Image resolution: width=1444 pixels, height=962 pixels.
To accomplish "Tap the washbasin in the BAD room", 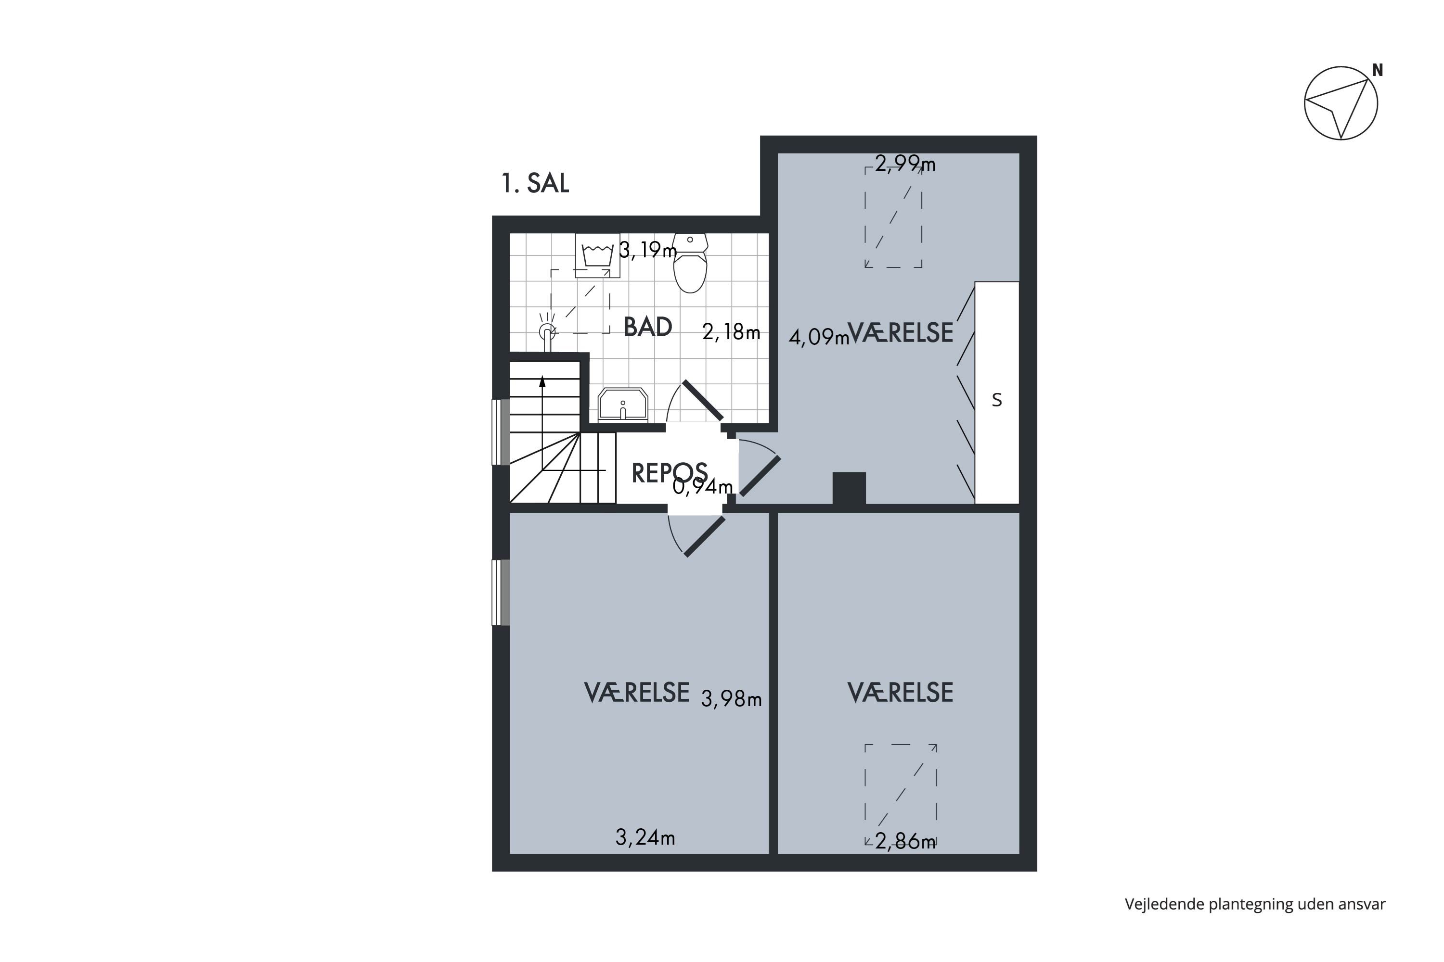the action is tap(622, 405).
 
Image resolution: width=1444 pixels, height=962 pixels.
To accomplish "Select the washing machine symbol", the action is tap(597, 255).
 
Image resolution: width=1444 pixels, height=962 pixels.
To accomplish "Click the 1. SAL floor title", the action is tap(535, 183).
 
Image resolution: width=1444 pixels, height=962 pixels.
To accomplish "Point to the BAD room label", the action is tap(648, 327).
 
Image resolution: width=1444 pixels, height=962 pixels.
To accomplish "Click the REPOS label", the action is tap(669, 473).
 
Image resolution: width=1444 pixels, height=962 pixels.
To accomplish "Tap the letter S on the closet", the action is tap(996, 400).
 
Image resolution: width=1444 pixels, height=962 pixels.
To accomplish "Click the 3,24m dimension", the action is tap(645, 837).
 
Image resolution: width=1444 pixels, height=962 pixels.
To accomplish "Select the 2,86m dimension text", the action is tap(905, 842).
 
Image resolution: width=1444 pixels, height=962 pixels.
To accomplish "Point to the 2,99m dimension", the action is tap(905, 164).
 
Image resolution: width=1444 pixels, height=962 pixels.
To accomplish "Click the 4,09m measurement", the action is tap(819, 338).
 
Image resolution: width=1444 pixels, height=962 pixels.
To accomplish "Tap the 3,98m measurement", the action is tap(731, 699).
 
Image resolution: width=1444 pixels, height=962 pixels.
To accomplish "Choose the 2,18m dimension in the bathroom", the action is tap(731, 332).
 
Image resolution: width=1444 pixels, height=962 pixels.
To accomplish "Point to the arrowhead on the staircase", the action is tap(542, 381).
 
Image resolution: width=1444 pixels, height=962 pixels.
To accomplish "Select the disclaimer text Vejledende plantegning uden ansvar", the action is tap(1255, 904).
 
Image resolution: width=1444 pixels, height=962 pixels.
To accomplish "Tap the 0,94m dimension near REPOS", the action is tap(703, 486).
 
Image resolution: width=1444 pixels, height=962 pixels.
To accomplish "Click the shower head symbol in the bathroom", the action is tap(547, 332).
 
